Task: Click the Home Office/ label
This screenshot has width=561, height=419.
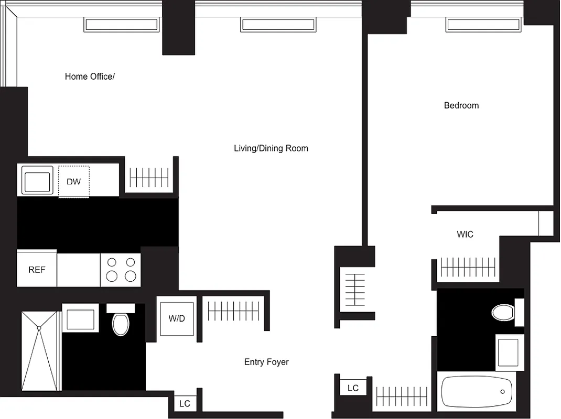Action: pos(90,76)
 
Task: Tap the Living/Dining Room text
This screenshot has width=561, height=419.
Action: pos(271,148)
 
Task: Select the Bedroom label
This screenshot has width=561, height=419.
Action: pos(461,105)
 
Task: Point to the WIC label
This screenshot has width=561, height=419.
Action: pos(465,234)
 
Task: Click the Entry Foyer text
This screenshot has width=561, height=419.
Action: pos(266,362)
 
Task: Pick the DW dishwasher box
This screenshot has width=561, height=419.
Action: pos(74,182)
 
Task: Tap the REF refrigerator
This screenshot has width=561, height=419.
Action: pos(37,270)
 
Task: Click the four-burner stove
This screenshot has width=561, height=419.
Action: pos(121,269)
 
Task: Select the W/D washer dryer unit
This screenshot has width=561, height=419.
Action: pos(177,318)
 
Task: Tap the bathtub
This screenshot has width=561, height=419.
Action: pos(477,392)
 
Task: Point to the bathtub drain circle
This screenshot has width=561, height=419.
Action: pos(503,392)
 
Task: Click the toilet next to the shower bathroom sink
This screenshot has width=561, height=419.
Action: pos(121,324)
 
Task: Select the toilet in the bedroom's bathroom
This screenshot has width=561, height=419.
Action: pos(504,313)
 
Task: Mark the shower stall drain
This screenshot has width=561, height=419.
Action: pos(39,328)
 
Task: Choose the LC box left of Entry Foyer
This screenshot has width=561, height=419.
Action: pos(185,404)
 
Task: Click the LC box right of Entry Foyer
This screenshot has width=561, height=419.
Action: pos(353,388)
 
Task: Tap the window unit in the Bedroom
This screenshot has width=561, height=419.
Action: pos(484,25)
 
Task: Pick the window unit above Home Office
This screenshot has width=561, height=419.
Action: pos(121,25)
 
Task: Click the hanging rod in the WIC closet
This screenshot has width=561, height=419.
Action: pos(468,267)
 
